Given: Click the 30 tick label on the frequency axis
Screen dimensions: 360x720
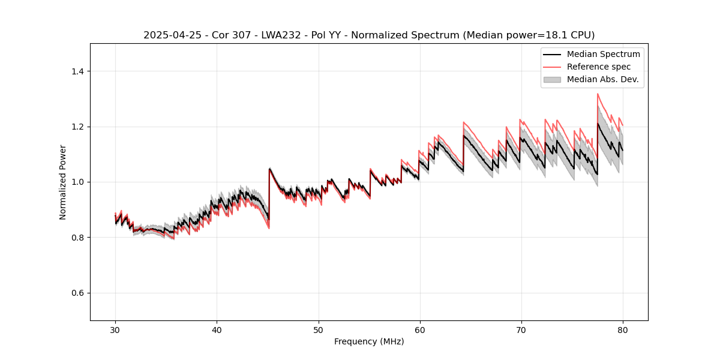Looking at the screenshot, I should [x=115, y=330].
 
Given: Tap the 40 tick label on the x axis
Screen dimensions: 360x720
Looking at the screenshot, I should [x=217, y=330].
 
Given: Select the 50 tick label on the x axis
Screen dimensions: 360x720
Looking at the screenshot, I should [x=319, y=330].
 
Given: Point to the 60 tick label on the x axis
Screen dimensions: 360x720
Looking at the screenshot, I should [x=420, y=330].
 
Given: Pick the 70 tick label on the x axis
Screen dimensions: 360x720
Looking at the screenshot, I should [x=521, y=330].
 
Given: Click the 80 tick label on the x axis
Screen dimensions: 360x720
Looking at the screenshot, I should [x=623, y=330].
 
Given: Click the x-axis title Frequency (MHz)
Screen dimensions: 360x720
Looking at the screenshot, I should [x=369, y=342].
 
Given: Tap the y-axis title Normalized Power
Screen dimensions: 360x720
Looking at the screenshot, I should [x=63, y=182].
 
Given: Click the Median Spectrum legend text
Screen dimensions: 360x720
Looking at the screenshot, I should [x=603, y=54].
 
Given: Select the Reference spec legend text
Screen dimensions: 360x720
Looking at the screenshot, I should [x=599, y=67].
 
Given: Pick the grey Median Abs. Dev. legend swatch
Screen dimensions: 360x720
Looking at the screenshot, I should [x=552, y=79].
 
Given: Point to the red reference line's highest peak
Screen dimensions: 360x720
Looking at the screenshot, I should [x=598, y=94].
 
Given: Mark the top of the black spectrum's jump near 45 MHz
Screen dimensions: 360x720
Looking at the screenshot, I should [x=269, y=169].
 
